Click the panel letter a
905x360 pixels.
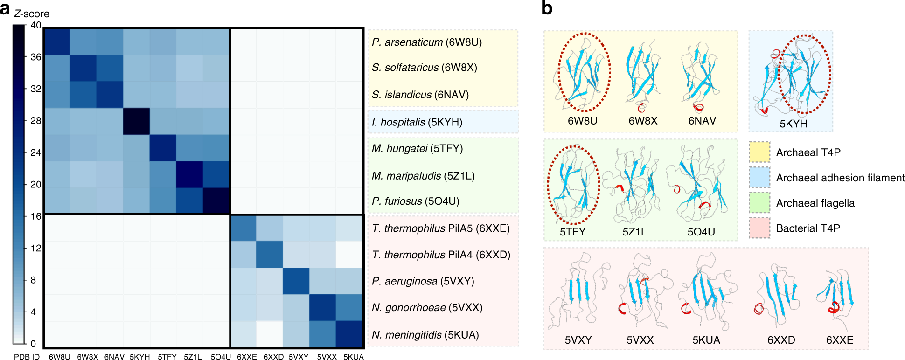point(5,9)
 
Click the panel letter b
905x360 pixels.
point(547,8)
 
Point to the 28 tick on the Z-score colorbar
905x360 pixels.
point(35,121)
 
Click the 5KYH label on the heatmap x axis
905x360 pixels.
point(139,357)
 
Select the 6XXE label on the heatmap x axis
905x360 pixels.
point(247,357)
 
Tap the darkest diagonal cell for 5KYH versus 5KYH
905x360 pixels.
point(136,121)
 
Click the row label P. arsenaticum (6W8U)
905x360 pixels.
point(427,42)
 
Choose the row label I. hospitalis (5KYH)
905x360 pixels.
point(417,122)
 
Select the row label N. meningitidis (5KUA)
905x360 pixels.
point(425,335)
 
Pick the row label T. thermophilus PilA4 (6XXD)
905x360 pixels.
point(441,255)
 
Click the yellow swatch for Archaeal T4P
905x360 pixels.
point(759,152)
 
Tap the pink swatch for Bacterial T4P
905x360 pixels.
point(759,228)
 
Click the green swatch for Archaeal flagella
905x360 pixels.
point(759,203)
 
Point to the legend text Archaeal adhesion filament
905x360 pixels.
point(840,178)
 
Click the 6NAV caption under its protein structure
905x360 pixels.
point(702,121)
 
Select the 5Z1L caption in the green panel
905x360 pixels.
point(634,232)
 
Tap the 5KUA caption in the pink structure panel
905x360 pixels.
point(706,340)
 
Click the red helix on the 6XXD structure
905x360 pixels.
point(759,308)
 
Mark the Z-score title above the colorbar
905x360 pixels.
point(32,14)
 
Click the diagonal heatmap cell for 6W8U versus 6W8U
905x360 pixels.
point(57,42)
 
